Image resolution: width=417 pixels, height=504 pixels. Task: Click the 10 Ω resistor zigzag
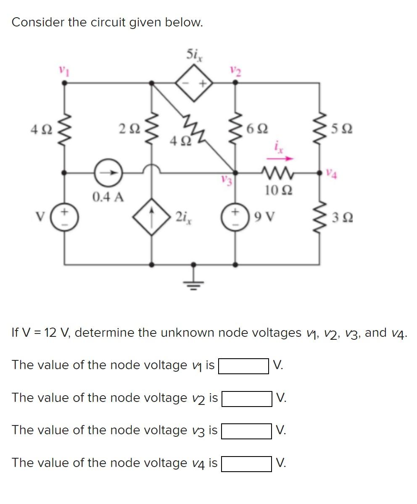click(276, 172)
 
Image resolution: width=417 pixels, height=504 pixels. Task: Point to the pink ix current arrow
click(279, 158)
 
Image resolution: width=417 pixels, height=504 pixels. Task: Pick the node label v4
click(332, 172)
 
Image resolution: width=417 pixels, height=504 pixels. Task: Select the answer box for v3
click(246, 431)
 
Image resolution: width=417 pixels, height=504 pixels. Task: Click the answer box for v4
click(246, 464)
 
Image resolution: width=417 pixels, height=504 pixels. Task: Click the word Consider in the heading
click(37, 22)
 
